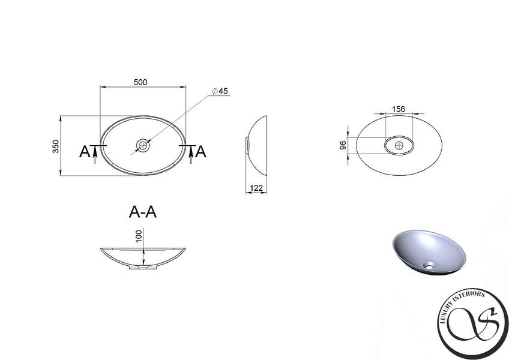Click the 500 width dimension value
coord(140,82)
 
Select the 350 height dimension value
coord(56,146)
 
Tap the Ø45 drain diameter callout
coord(220,91)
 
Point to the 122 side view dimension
coord(256,188)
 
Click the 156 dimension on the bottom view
coord(399,109)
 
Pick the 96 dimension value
coord(343,145)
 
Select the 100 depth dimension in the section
coord(139,236)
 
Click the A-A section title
coord(142,212)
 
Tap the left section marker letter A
coord(85,152)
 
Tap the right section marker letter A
coord(201,152)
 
